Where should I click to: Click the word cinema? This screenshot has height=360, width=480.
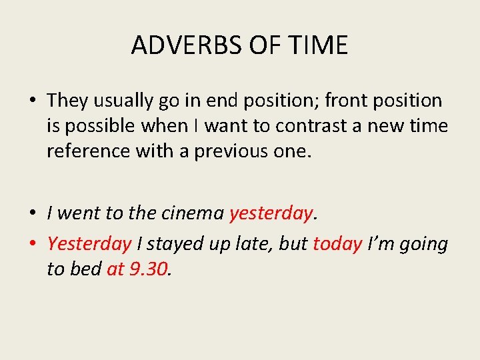tap(193, 213)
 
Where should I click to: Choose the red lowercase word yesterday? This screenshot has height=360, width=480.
tap(270, 213)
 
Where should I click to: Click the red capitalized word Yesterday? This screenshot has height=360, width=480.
tap(89, 244)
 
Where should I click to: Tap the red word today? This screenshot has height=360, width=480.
tap(337, 244)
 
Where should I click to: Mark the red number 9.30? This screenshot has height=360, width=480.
tap(147, 269)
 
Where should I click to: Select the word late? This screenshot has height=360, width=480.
tap(255, 244)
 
